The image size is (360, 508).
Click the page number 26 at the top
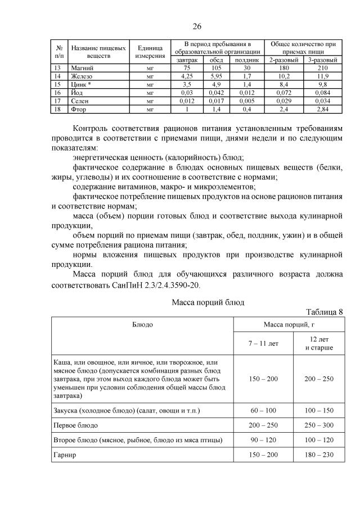tap(197, 26)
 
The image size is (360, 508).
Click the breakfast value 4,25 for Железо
tap(187, 75)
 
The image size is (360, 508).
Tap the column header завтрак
tap(187, 59)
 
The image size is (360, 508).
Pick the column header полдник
tap(246, 59)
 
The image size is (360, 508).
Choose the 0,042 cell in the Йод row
tap(216, 92)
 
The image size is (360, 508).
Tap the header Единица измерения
tap(150, 52)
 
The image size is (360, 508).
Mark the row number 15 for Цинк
tap(57, 83)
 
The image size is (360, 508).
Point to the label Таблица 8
tap(324, 312)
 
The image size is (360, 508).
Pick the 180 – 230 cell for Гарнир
tap(318, 455)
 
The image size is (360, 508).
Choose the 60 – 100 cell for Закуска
tap(263, 411)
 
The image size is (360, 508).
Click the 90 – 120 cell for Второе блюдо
tap(263, 440)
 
